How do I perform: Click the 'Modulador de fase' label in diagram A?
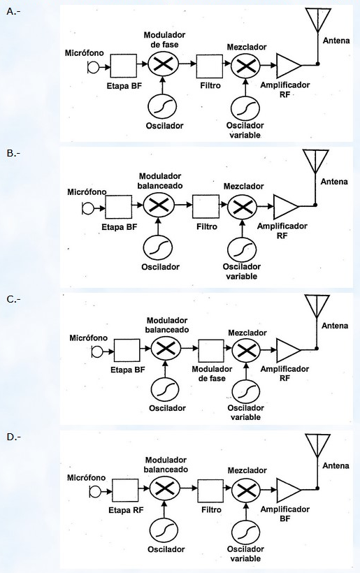pos(164,40)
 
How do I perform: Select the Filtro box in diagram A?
pos(210,66)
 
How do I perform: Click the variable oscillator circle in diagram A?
pos(245,108)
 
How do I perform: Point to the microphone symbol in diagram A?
pos(93,67)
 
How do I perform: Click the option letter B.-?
pos(13,153)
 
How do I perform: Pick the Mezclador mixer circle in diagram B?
pos(242,208)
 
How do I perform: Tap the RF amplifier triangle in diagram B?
pos(287,206)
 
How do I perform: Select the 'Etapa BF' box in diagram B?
pos(118,207)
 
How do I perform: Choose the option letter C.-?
pos(13,299)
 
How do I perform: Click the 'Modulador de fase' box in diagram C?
pos(211,351)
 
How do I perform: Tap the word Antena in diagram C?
pos(335,326)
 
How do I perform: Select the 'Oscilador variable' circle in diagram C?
pos(245,391)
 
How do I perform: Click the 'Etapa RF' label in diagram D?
pos(126,510)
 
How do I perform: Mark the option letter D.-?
pos(13,437)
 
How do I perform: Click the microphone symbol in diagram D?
pos(94,492)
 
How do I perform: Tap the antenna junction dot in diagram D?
pos(317,488)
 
